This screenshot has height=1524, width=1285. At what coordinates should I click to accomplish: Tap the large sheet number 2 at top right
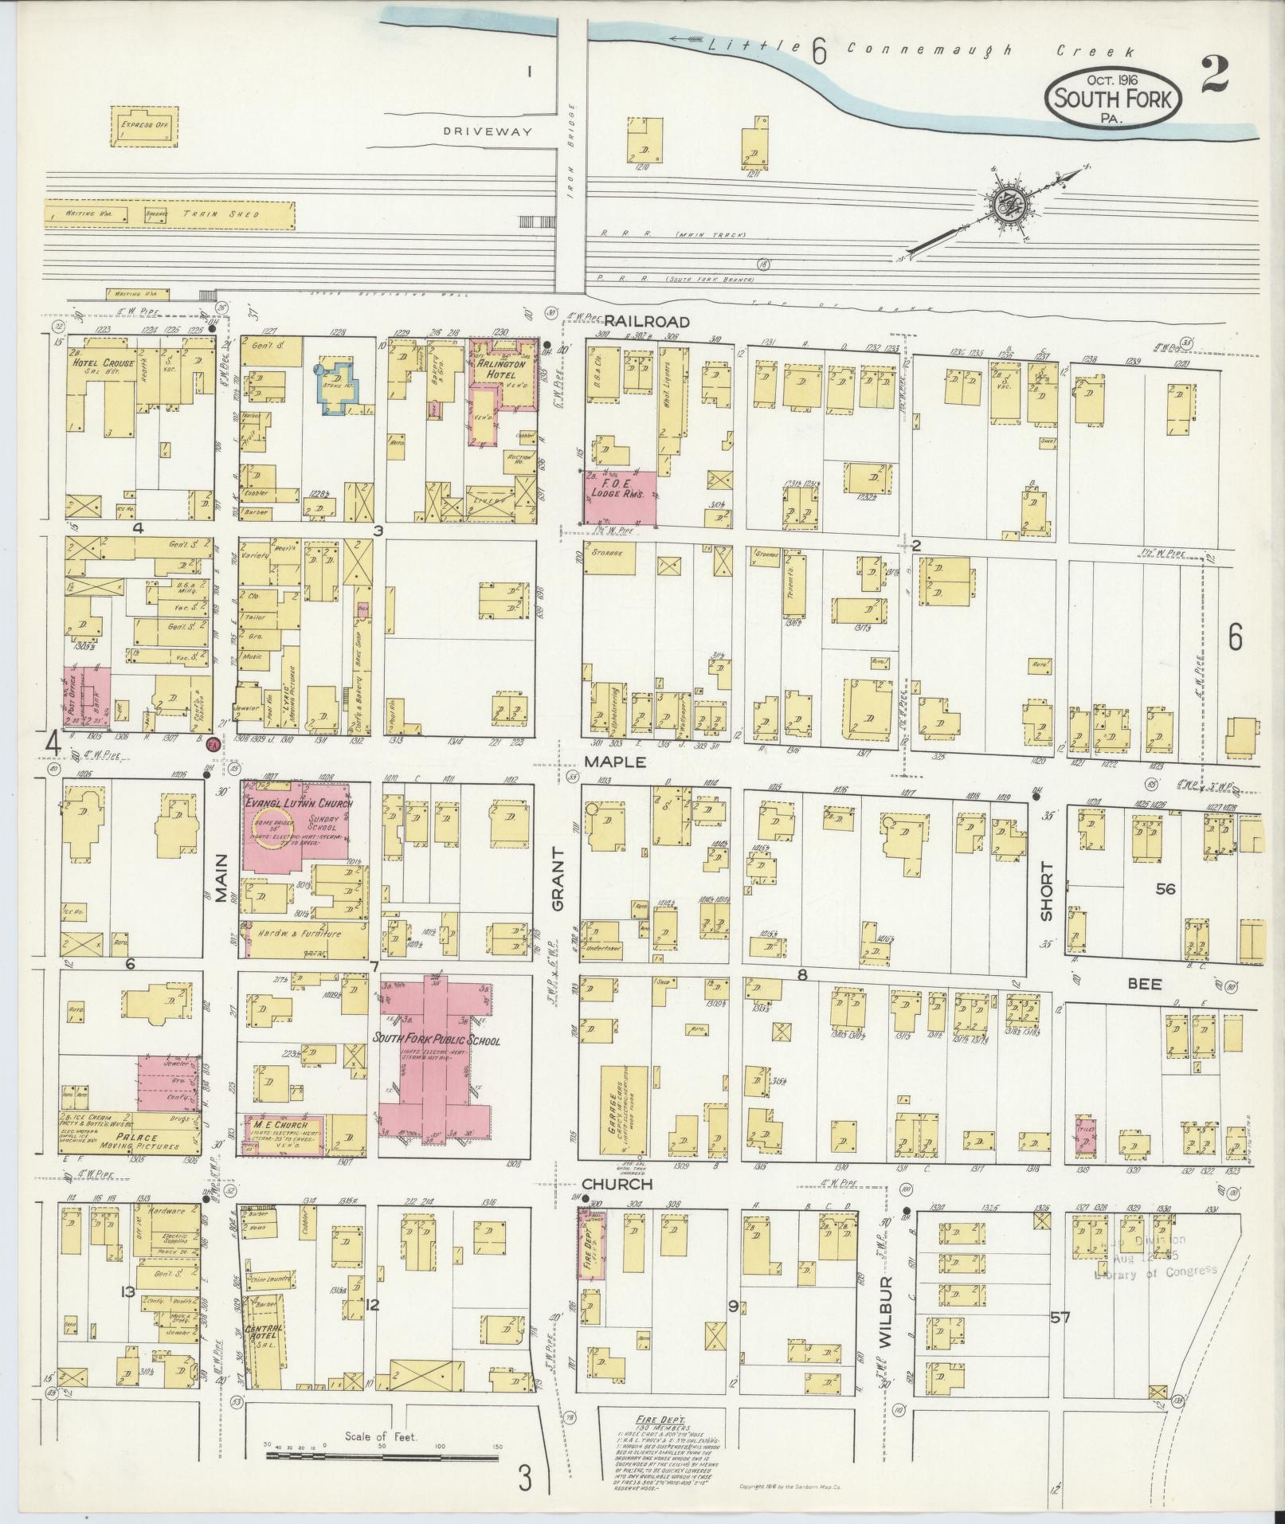point(1214,76)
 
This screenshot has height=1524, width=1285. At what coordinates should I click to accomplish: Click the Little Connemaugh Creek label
point(916,49)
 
